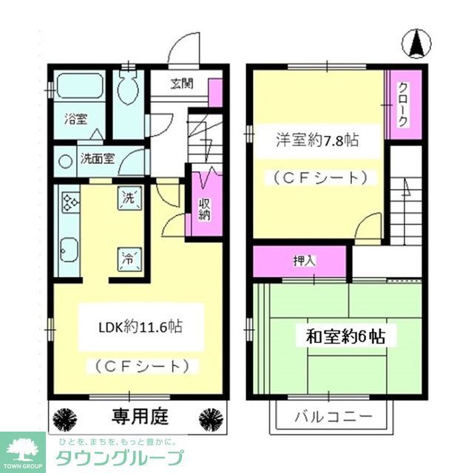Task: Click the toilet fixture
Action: pyautogui.click(x=129, y=89)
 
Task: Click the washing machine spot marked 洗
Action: pyautogui.click(x=128, y=198)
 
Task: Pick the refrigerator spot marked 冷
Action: pyautogui.click(x=128, y=259)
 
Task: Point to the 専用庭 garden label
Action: pyautogui.click(x=140, y=417)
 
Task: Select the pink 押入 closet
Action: pyautogui.click(x=299, y=260)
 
